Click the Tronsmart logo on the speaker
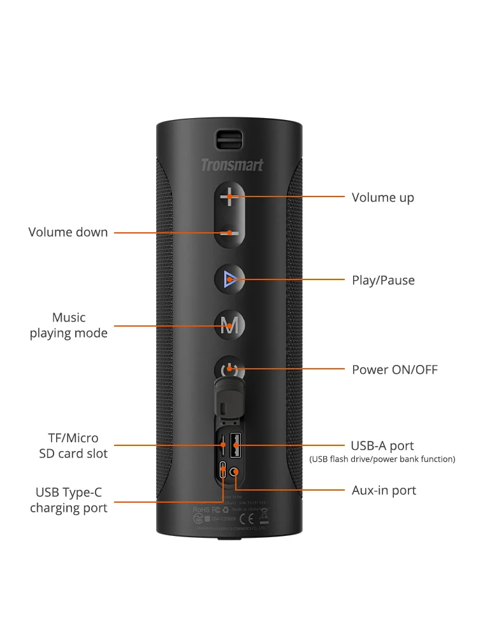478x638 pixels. coord(231,166)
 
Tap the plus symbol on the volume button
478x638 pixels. coord(229,197)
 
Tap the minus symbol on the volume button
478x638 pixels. coord(229,233)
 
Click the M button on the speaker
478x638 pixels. coord(229,327)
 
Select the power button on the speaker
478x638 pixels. coord(229,369)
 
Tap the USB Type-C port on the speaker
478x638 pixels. coord(222,471)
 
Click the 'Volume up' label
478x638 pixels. coord(382,198)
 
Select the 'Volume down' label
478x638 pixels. coord(68,232)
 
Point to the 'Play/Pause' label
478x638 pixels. coord(383,280)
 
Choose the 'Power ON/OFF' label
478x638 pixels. coord(395,370)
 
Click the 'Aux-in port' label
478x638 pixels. coord(384,491)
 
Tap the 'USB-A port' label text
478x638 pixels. coord(382,446)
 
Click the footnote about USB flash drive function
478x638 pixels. coord(382,459)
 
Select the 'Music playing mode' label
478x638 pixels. coord(69,325)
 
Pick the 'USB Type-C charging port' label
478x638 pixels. coord(69,500)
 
